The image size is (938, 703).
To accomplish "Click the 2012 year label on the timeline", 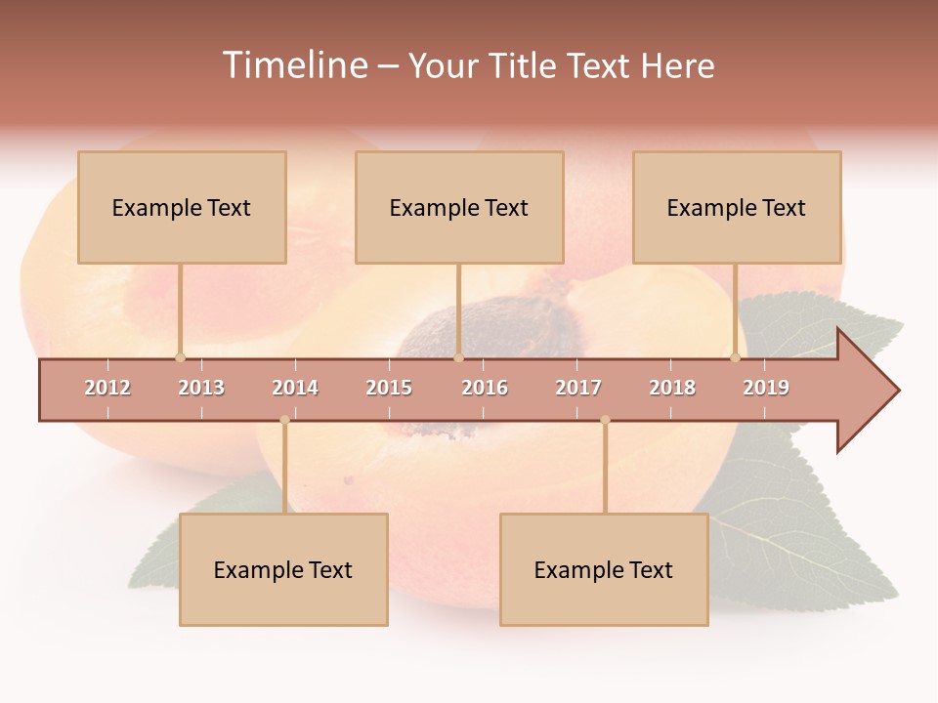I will [x=107, y=388].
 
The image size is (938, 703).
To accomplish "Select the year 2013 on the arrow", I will [x=201, y=388].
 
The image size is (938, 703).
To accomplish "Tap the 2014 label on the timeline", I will [x=295, y=388].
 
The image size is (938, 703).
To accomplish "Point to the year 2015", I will [x=389, y=388].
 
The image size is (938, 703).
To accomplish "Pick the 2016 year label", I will [x=485, y=388].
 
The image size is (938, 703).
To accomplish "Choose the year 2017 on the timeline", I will [x=578, y=388].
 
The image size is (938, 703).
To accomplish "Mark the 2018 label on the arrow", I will [x=672, y=388].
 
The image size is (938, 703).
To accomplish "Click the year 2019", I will [x=766, y=388].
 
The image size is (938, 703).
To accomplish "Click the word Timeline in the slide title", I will [x=293, y=65].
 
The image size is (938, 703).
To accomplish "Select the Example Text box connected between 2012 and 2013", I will [x=182, y=207].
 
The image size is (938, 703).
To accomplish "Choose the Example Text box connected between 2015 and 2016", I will [x=459, y=207].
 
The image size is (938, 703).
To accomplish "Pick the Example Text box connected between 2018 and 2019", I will [x=737, y=207].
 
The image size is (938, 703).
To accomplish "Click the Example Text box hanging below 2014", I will [x=283, y=569].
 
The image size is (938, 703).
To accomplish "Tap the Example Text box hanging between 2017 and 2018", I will [x=604, y=569].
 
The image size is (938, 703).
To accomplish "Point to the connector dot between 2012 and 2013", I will [x=180, y=357].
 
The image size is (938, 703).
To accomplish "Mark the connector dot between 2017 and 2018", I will [x=605, y=421].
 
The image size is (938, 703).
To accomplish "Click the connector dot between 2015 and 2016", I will [x=458, y=357].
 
